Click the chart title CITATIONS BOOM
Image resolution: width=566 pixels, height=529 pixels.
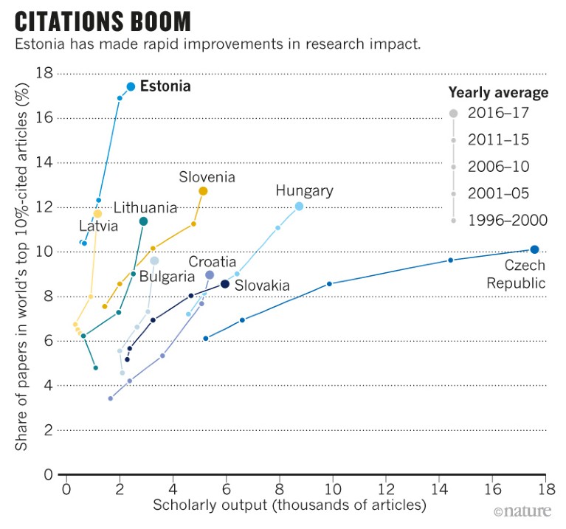[x=103, y=20]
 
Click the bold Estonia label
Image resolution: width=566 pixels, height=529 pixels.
[x=165, y=86]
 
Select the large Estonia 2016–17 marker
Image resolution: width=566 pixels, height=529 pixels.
[x=131, y=86]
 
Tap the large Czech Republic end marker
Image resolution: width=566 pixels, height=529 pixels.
[x=534, y=249]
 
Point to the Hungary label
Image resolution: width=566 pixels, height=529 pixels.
[x=304, y=191]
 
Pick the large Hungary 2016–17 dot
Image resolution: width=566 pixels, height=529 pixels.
[x=299, y=207]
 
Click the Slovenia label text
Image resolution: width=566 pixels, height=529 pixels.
[x=207, y=177]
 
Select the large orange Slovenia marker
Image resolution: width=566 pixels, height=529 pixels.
[x=203, y=191]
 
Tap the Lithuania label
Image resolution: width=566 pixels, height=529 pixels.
[x=145, y=207]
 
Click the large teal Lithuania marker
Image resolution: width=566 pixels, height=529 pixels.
[x=143, y=221]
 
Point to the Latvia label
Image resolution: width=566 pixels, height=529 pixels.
[x=99, y=227]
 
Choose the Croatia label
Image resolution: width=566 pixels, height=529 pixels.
[x=212, y=261]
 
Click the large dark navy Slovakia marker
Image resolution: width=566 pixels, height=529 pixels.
[x=225, y=284]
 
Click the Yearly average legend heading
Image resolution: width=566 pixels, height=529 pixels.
[x=498, y=93]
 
